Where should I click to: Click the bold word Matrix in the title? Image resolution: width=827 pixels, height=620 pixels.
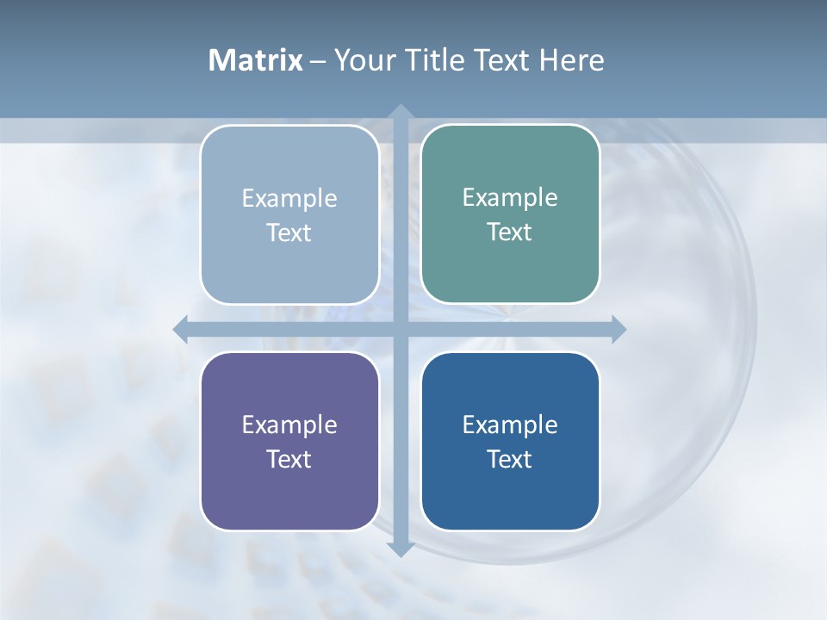point(255,60)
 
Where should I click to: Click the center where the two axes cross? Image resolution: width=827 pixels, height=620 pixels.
point(401,329)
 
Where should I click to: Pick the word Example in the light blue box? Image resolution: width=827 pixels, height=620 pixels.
point(289,198)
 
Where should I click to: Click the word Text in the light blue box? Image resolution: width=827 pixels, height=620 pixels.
point(289,232)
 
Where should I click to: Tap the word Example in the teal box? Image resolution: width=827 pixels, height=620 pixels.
point(510,197)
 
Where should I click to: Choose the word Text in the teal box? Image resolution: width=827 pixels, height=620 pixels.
point(510,232)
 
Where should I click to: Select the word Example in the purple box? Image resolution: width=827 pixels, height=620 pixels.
point(289,425)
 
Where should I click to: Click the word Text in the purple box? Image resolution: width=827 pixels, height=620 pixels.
point(289,459)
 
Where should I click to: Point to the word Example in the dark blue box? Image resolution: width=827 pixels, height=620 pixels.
point(510,425)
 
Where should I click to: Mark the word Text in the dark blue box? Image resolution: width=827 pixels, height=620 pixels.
point(510,459)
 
